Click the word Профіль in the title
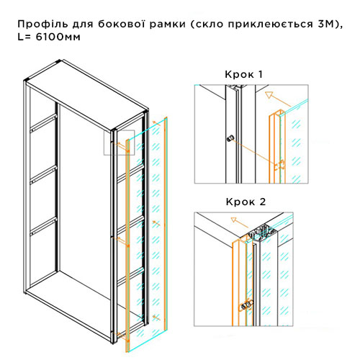point(42,24)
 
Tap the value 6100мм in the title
point(58,37)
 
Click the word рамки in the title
point(168,24)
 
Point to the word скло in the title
point(210,24)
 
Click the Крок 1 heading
point(243,74)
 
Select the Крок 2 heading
point(246,202)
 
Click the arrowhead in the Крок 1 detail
point(269,95)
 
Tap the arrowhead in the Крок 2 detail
point(234,220)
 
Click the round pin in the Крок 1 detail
point(230,138)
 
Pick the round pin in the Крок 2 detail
point(246,304)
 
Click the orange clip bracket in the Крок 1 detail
point(280,165)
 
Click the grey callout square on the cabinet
point(119,143)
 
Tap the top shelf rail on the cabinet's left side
point(43,123)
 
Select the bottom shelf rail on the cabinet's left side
point(43,226)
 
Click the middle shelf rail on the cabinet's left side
point(43,175)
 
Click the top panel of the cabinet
point(86,96)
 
